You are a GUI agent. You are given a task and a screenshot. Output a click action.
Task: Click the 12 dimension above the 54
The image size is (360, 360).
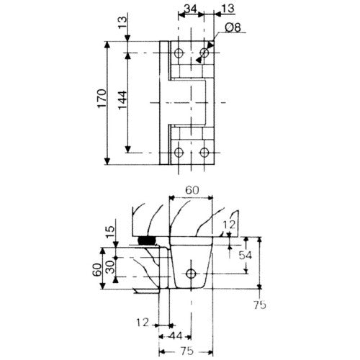229,225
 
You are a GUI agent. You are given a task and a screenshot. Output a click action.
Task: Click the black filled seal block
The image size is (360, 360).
148,240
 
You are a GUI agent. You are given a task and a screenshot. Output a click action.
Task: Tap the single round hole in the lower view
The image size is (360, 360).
191,274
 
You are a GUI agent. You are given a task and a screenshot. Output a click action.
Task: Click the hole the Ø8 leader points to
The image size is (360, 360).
204,52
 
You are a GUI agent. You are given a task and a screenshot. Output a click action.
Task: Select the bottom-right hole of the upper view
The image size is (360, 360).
204,152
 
